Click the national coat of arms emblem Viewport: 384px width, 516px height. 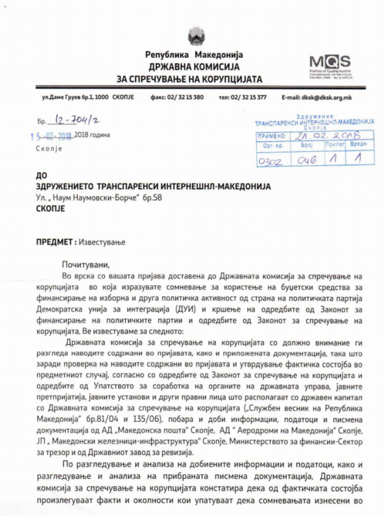194,36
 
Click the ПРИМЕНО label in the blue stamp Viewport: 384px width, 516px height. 272,136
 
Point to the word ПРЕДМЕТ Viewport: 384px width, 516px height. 54,242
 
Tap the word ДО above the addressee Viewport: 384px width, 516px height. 41,176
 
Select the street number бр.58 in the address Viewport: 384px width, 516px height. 152,198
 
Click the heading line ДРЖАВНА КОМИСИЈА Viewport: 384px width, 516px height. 194,67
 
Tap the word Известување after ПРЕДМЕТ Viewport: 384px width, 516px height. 102,242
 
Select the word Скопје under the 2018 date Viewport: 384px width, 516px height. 49,149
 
